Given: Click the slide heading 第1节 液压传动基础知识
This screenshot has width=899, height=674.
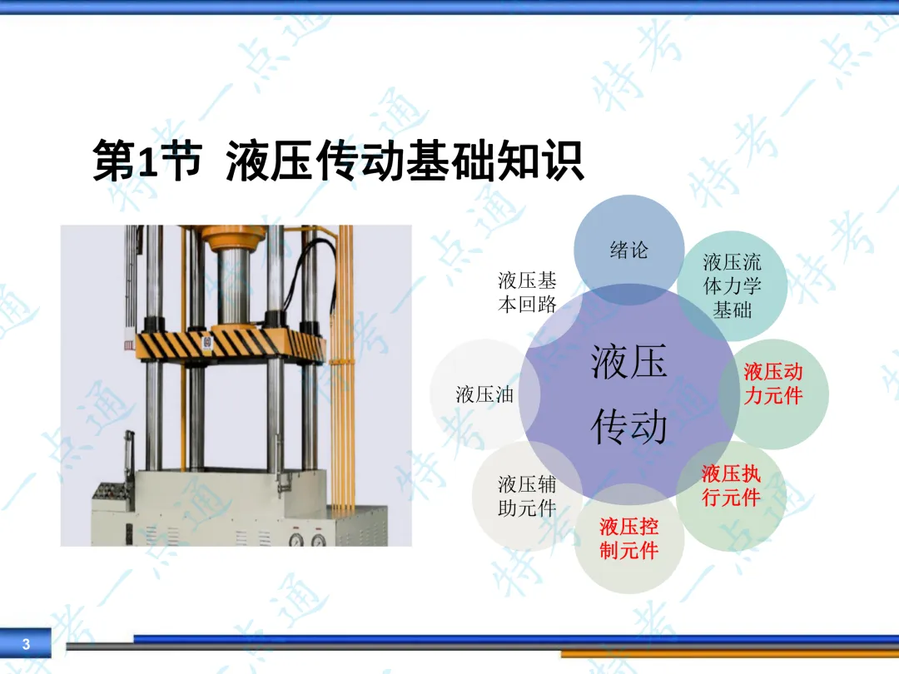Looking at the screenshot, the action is (x=338, y=161).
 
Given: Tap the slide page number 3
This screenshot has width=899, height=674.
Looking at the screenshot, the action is (x=26, y=643).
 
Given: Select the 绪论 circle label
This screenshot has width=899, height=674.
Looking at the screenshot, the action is (x=629, y=250).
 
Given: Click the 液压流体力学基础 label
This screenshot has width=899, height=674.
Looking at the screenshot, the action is (x=733, y=286).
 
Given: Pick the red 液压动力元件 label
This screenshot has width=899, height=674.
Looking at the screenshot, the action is (x=772, y=384).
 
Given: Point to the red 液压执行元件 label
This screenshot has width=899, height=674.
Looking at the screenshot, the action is (x=731, y=485).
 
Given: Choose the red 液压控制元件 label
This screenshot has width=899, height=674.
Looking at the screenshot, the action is (x=629, y=538).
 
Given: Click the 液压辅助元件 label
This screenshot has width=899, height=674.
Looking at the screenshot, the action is (x=527, y=496).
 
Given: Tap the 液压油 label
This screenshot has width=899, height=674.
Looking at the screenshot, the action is (x=484, y=394).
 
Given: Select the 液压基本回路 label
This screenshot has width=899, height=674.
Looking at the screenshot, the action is (x=527, y=292).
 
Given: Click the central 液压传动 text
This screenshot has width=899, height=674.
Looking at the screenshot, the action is (x=629, y=394).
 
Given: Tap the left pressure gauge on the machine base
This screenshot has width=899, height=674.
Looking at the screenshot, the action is (x=296, y=540).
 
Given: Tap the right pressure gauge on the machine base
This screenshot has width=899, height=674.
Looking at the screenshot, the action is (x=319, y=540).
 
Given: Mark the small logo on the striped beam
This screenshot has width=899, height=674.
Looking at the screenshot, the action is (x=207, y=344).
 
